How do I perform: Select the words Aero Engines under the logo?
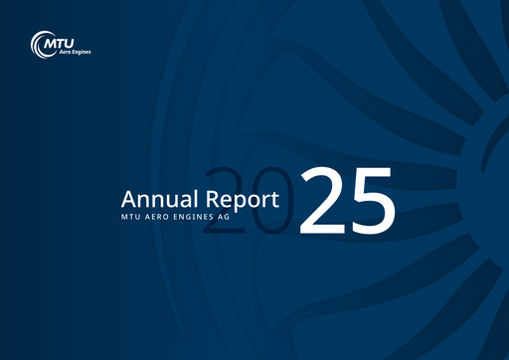coord(59,53)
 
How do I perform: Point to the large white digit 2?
coord(322,201)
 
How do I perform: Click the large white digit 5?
coord(371,202)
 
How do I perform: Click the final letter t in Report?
coord(287,199)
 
